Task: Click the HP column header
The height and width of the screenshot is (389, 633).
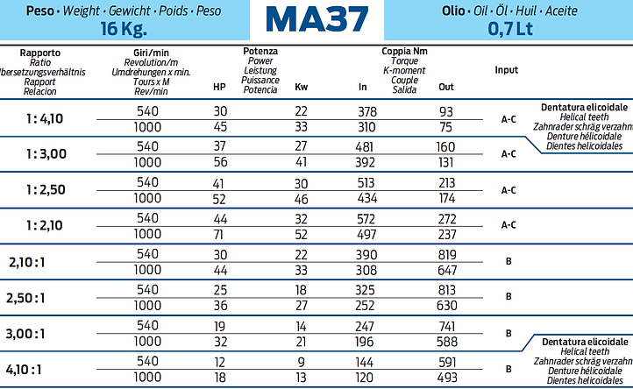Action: pyautogui.click(x=219, y=87)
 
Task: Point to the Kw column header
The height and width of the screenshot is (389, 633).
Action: pyautogui.click(x=301, y=87)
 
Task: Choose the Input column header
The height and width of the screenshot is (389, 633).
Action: pyautogui.click(x=506, y=70)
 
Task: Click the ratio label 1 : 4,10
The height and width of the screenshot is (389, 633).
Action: pyautogui.click(x=44, y=118)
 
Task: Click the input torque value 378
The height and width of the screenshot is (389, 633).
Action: pyautogui.click(x=367, y=111)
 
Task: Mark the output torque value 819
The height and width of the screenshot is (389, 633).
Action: pyautogui.click(x=447, y=254)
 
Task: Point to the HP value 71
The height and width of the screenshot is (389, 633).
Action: pyautogui.click(x=219, y=234)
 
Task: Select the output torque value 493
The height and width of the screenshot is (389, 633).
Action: pyautogui.click(x=447, y=378)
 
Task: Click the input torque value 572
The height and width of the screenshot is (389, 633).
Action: pyautogui.click(x=367, y=218)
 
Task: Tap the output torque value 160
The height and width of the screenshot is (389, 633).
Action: pyautogui.click(x=446, y=146)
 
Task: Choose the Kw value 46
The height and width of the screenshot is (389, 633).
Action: pyautogui.click(x=301, y=198)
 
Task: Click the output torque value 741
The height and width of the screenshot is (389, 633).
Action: pyautogui.click(x=447, y=325)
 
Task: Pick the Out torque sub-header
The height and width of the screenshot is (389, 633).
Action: pyautogui.click(x=446, y=87)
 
